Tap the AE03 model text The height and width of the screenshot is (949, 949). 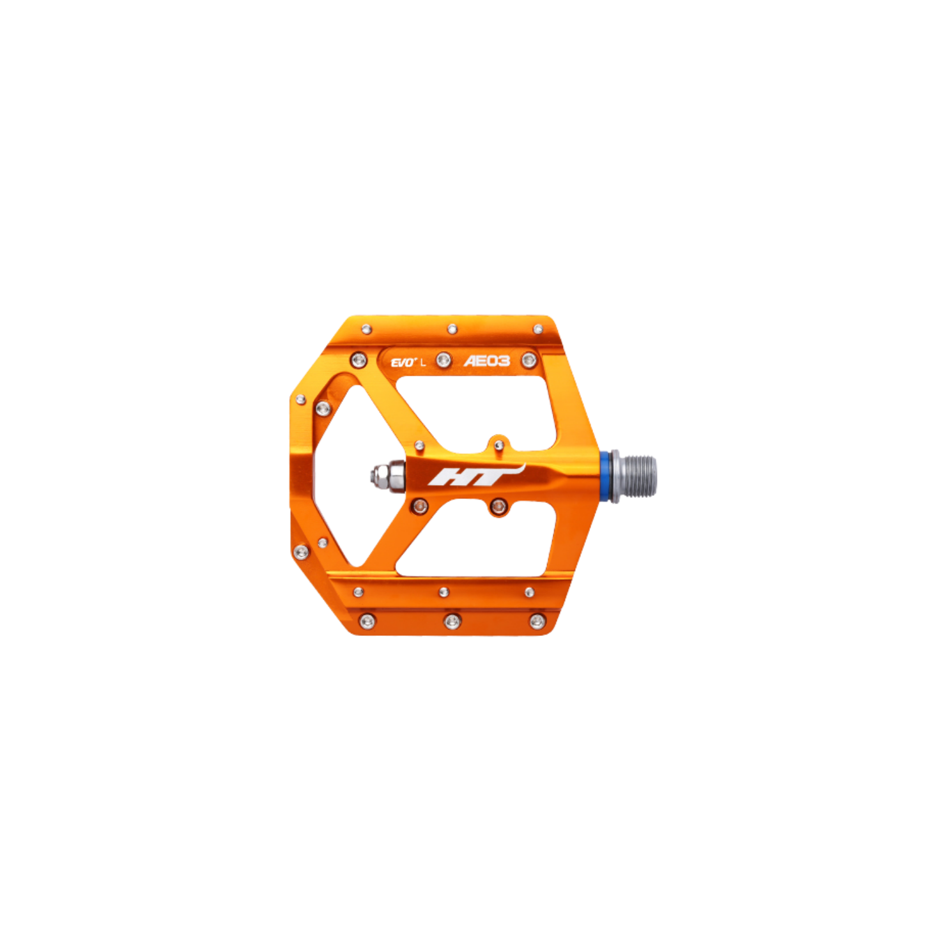pyautogui.click(x=486, y=361)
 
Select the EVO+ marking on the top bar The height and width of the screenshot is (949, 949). pyautogui.click(x=403, y=362)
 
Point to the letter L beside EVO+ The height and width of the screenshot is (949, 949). pyautogui.click(x=423, y=363)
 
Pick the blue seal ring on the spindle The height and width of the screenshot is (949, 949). pyautogui.click(x=605, y=476)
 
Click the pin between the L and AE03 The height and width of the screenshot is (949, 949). pyautogui.click(x=444, y=360)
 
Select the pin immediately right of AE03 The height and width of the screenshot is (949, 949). pyautogui.click(x=529, y=360)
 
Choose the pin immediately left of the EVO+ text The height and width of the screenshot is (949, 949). pyautogui.click(x=359, y=360)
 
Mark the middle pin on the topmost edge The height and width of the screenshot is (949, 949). pyautogui.click(x=452, y=329)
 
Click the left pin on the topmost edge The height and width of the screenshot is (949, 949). pyautogui.click(x=366, y=329)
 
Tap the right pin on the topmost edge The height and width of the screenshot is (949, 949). pyautogui.click(x=538, y=329)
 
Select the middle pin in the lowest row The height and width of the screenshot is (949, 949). pyautogui.click(x=452, y=620)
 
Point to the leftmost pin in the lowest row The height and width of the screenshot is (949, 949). pyautogui.click(x=366, y=620)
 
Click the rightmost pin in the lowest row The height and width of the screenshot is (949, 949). pyautogui.click(x=537, y=620)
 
